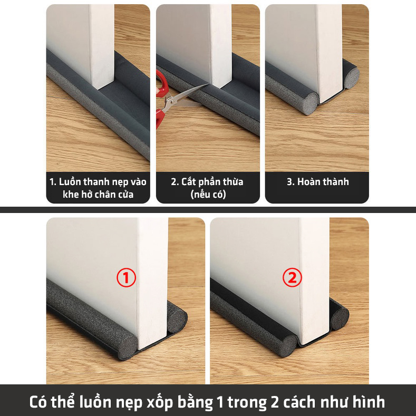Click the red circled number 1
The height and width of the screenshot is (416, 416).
127,278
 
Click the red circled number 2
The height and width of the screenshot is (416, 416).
292,278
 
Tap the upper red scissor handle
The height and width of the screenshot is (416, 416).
161,83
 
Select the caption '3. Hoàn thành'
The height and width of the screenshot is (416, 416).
317,182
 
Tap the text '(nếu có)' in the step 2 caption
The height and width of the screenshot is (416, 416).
208,195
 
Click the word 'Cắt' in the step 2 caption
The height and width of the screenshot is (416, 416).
188,182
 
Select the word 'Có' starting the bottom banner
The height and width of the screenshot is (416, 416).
38,401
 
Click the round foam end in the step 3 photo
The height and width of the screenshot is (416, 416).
311,104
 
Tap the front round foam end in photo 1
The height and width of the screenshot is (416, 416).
127,347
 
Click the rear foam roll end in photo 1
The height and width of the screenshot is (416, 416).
178,321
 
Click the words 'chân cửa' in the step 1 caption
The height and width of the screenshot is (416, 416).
114,195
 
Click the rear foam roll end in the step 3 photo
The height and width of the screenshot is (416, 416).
352,77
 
